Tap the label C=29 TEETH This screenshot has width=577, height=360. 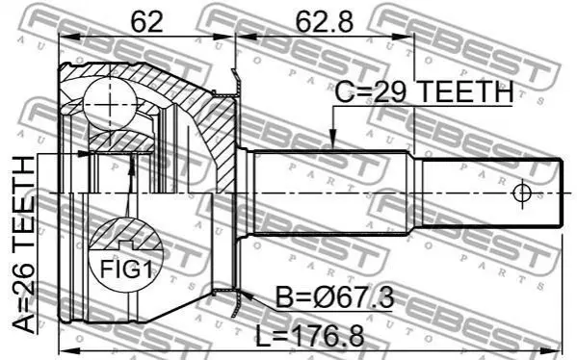424,91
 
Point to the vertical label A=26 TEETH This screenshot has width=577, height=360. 24,244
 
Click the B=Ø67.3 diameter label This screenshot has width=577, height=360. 335,297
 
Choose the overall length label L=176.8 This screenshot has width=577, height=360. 310,335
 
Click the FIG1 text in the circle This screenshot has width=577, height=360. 126,270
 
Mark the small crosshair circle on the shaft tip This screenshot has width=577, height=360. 522,193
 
